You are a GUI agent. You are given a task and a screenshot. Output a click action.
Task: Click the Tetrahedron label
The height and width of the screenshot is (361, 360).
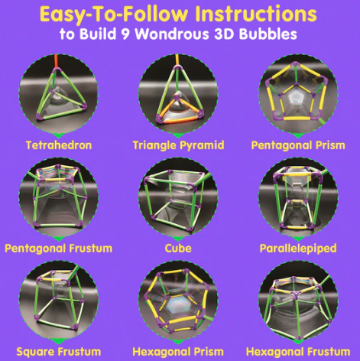58,145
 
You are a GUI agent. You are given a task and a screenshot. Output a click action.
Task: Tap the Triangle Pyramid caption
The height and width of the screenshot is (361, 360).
178,145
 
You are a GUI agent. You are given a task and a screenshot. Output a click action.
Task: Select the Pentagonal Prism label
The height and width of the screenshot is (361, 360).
299,145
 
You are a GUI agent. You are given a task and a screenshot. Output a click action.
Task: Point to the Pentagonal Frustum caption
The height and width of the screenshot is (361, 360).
58,248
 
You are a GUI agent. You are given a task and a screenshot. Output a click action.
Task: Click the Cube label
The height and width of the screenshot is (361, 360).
178,248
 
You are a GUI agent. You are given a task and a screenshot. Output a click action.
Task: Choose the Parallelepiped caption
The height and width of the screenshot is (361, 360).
299,248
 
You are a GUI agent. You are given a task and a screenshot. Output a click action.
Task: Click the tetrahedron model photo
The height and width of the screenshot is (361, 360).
58,96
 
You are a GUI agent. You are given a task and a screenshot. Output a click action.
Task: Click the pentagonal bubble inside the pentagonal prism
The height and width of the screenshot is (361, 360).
299,98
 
